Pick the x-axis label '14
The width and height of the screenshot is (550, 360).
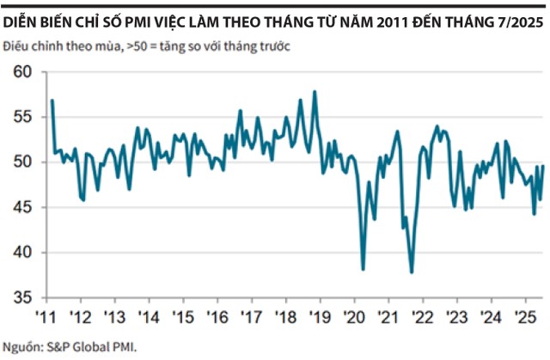[x=150, y=316]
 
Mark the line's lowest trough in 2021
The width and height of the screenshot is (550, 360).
[x=412, y=272]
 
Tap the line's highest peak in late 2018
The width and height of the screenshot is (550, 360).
[x=315, y=91]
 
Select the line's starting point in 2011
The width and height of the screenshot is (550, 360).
[x=52, y=101]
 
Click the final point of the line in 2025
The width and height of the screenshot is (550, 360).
[x=543, y=166]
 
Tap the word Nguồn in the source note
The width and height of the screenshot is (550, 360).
[x=21, y=347]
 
